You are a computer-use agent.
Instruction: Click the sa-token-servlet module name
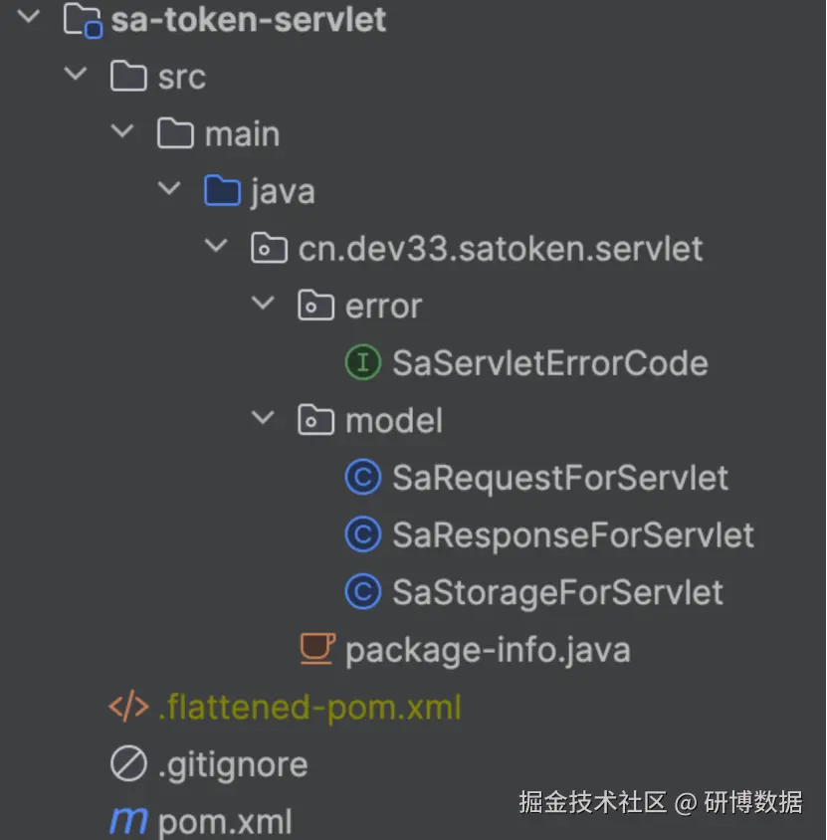coord(248,20)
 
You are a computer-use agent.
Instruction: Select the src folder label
coord(181,77)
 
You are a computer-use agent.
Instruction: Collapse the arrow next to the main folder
coord(122,131)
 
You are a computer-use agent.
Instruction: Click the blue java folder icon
coord(222,190)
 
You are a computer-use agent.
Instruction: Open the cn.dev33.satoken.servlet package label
coord(501,248)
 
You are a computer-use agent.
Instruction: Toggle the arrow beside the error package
coord(263,304)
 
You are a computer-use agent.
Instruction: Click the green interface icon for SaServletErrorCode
coord(362,362)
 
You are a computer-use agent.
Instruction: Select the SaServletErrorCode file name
coord(549,362)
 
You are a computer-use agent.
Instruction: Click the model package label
coord(393,420)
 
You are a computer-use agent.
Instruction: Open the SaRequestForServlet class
coord(559,478)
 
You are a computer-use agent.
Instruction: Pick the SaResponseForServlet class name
coord(572,535)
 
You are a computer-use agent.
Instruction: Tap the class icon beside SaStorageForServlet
coord(362,592)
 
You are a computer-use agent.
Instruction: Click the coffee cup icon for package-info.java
coord(316,649)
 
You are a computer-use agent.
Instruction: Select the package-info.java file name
coord(487,651)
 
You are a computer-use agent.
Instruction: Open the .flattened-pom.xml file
coord(310,708)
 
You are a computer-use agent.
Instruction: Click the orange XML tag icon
coord(128,708)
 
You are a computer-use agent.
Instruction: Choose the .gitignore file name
coord(232,764)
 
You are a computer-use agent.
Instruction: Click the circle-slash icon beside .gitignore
coord(128,764)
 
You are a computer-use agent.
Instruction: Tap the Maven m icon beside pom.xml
coord(128,822)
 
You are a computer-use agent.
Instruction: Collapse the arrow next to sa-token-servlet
coord(29,17)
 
